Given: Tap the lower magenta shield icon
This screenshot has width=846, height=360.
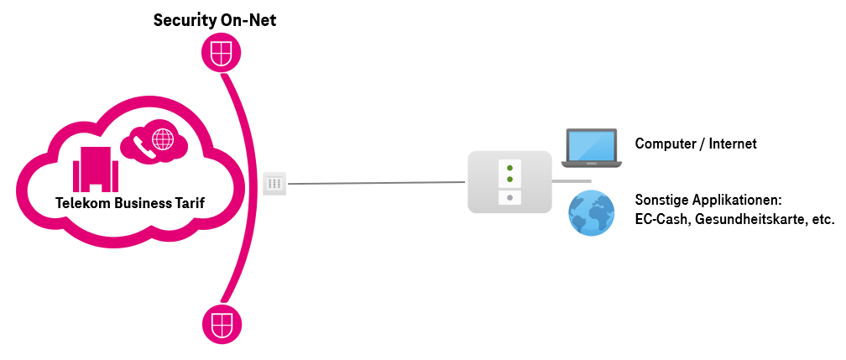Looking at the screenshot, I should point(222,322).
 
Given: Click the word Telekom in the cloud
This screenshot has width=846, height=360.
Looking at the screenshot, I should point(82,203).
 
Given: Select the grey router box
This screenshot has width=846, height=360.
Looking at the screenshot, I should point(509,181).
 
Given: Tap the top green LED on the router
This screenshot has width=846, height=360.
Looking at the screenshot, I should point(509,168).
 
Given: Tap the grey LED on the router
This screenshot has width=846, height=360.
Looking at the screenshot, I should point(509,198).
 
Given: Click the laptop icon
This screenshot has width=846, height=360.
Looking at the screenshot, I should point(591,146).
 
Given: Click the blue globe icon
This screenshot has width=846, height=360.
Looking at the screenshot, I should point(592,212).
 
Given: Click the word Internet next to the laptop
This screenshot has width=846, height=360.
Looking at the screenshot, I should point(733,144).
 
